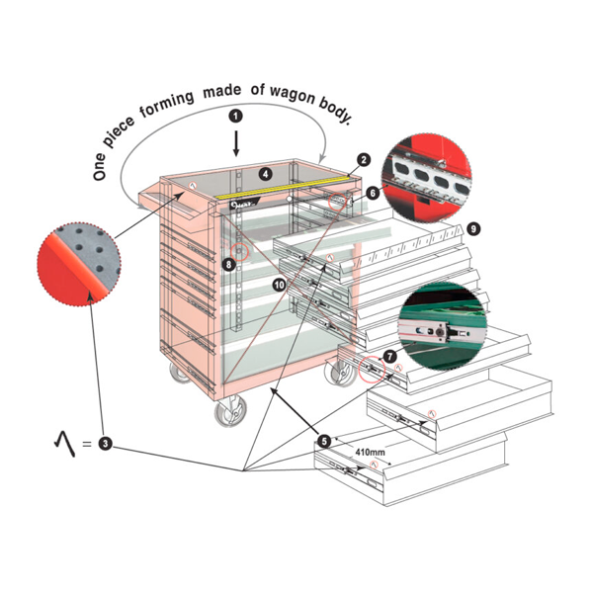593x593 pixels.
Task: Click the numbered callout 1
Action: [x=235, y=116]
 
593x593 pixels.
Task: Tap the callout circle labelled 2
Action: [x=363, y=159]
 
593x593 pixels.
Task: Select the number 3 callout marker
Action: [x=105, y=446]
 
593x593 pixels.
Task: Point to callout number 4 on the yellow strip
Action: [x=265, y=174]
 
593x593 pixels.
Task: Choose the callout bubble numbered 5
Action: [x=325, y=440]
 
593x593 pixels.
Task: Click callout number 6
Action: [x=372, y=193]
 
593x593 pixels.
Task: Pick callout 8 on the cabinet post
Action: [x=229, y=264]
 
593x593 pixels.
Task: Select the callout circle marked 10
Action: [x=280, y=284]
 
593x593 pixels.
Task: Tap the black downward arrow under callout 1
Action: [x=235, y=144]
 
